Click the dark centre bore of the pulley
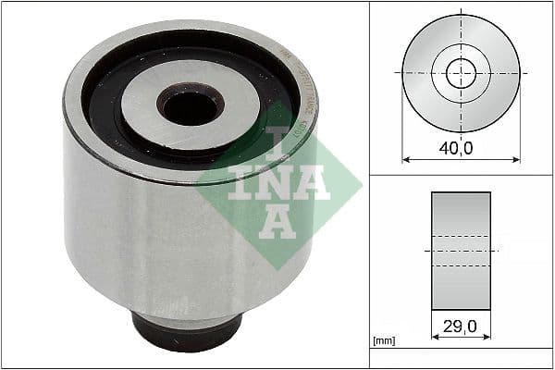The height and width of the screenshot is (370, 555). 191,106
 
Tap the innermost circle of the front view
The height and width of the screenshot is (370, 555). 461,73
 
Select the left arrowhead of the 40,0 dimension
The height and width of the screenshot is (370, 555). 406,160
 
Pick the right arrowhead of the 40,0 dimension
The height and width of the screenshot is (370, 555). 516,160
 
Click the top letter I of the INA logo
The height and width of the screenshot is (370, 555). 278,140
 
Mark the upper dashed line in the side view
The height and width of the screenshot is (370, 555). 461,236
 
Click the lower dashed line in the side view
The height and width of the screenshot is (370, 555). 461,265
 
